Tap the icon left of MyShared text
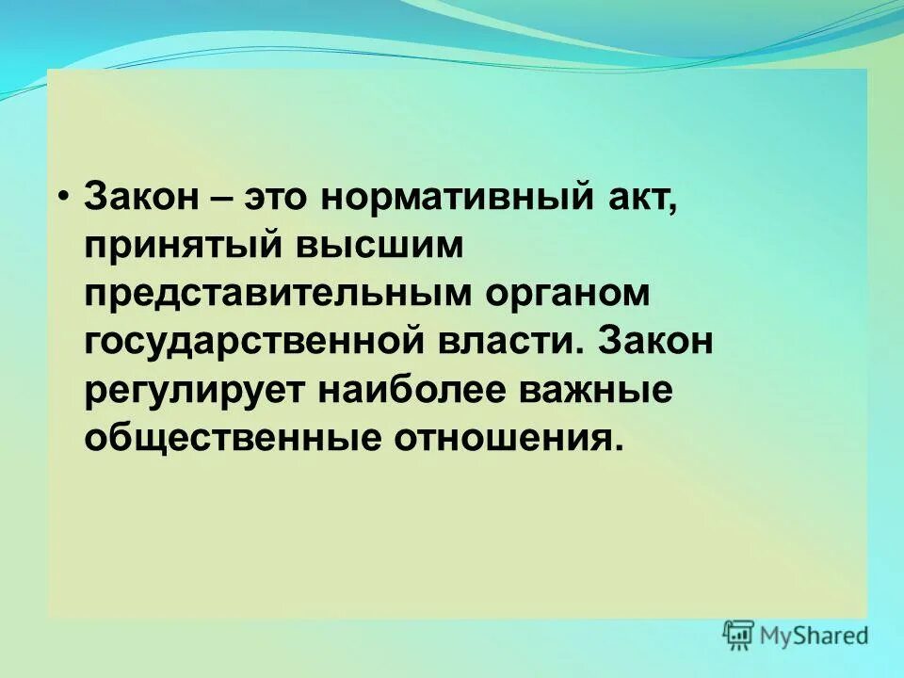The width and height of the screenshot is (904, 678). [739, 635]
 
